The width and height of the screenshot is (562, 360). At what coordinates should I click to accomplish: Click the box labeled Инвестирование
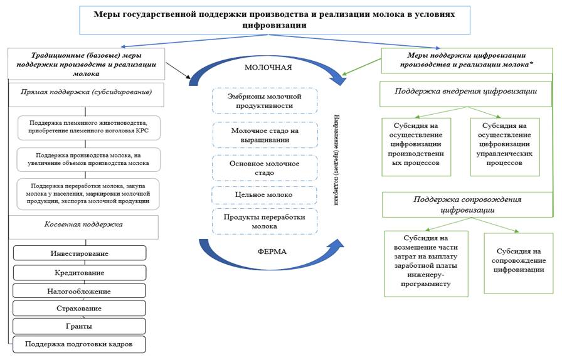pos(79,253)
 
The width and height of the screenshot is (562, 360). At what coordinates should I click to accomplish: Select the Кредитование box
pos(79,273)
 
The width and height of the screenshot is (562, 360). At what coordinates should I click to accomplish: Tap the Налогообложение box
pos(79,291)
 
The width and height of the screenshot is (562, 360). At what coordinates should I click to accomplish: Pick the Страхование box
pos(79,309)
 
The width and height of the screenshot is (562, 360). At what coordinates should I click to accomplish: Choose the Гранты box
pos(79,326)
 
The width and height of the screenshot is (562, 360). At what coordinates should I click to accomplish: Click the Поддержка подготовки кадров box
pos(79,344)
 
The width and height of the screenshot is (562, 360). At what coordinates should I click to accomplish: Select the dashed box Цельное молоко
pos(264,195)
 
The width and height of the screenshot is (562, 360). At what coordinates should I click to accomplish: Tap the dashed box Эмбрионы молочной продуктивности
pos(264,101)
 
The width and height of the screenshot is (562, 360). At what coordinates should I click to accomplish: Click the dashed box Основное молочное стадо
pos(264,167)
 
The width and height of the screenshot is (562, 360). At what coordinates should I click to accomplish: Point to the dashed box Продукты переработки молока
pos(264,221)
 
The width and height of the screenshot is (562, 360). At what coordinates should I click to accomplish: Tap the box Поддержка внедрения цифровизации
pos(465,92)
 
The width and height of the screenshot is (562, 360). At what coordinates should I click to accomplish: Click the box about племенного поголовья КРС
pos(88,127)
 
